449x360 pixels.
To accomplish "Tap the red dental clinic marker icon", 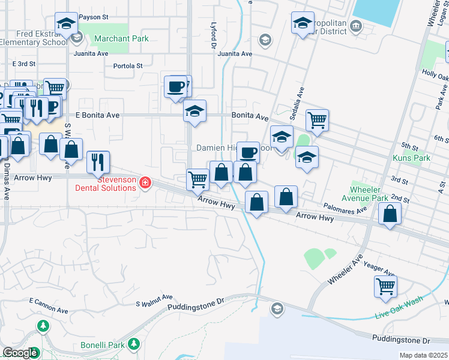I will click(145, 182).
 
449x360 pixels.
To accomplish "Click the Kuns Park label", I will click(411, 158).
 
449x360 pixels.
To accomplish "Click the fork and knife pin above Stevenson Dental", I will click(97, 161).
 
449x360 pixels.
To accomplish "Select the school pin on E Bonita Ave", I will click(194, 111).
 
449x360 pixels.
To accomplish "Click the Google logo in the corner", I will click(20, 353).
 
